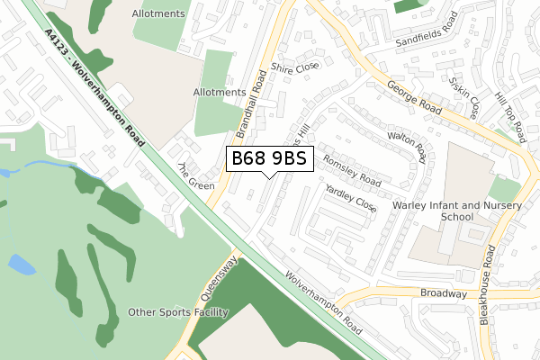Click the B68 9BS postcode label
point(269,158)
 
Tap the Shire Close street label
point(296,67)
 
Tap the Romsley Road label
point(352,167)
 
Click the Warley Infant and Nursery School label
point(445,211)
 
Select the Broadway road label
point(444,293)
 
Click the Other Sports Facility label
point(178,312)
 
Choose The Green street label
point(196,177)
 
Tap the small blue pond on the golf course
point(22,264)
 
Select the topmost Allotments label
point(157,14)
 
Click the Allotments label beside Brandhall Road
point(220,92)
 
